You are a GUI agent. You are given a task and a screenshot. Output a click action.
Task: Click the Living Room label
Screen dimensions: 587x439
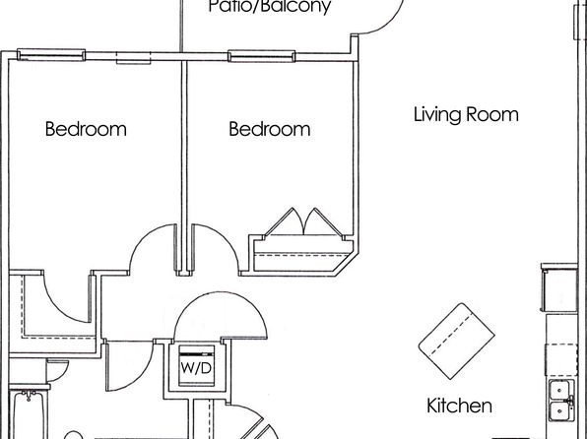click(466, 114)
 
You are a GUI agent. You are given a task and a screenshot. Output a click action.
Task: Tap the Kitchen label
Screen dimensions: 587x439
click(459, 406)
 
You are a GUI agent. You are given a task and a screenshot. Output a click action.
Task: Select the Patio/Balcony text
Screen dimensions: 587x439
click(270, 6)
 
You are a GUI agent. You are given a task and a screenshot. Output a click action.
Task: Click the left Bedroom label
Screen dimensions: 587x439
click(86, 129)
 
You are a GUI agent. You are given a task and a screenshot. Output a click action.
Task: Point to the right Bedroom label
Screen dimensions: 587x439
click(270, 129)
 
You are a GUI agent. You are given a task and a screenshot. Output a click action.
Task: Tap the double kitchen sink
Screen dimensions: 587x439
click(561, 402)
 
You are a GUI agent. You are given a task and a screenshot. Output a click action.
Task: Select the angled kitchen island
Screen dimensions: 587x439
click(456, 341)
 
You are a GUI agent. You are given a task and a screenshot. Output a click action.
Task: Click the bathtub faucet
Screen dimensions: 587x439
click(29, 395)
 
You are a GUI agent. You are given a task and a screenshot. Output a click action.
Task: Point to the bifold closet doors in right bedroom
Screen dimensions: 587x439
click(303, 222)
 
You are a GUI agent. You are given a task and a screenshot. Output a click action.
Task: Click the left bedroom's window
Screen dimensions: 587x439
click(51, 55)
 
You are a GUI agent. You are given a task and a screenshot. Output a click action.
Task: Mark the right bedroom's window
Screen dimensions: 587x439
click(262, 56)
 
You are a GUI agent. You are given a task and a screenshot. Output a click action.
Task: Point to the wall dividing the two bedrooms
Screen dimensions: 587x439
click(184, 166)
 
